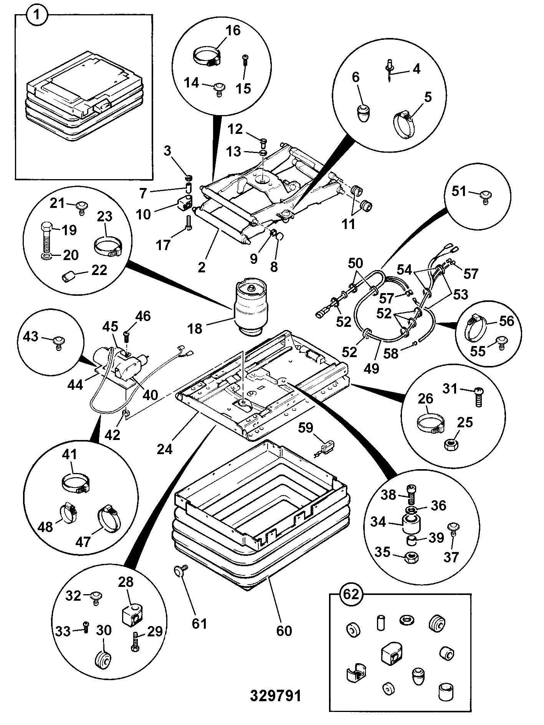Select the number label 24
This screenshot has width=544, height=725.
[165, 448]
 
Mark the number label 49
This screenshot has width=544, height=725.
[371, 368]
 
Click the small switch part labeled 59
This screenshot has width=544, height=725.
[326, 447]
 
